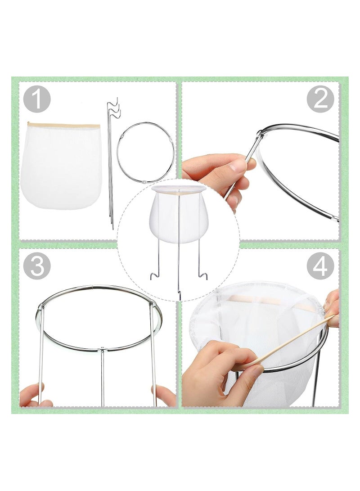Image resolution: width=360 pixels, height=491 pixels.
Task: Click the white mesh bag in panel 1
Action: pyautogui.click(x=61, y=167)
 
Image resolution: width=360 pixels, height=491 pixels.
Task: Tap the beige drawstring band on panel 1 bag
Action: pyautogui.click(x=63, y=126)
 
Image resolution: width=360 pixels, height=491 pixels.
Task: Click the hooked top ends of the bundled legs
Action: pyautogui.click(x=112, y=110)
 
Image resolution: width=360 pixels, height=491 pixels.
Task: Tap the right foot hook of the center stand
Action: pyautogui.click(x=203, y=275)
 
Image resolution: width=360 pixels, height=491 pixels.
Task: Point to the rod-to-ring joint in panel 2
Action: pyautogui.click(x=260, y=134)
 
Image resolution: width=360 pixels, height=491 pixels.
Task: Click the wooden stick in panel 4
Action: pyautogui.click(x=292, y=340)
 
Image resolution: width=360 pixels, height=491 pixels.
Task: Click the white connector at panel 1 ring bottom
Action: pyautogui.click(x=143, y=182)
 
